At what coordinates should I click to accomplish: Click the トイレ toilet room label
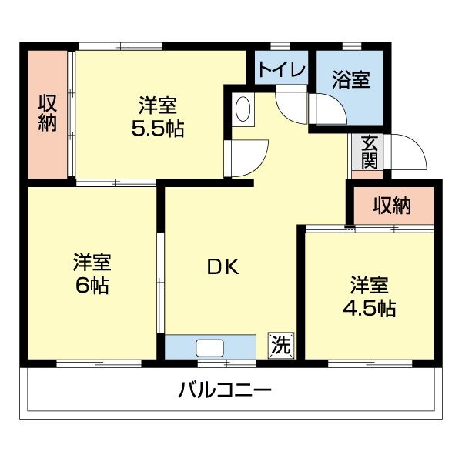(x=282, y=70)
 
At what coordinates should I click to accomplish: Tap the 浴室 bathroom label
(x=351, y=79)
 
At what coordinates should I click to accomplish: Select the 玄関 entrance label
(x=369, y=151)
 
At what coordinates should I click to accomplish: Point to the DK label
(x=223, y=267)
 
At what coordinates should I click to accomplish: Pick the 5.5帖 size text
(x=157, y=128)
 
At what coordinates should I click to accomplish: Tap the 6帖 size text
(x=92, y=286)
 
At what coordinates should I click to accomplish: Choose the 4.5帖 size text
(x=369, y=309)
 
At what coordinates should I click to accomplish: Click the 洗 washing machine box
(x=280, y=346)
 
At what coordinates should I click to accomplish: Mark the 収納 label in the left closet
(x=49, y=113)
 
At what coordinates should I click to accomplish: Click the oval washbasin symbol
(x=243, y=109)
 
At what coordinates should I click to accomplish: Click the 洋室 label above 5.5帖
(x=157, y=105)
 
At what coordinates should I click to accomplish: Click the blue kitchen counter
(x=179, y=347)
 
